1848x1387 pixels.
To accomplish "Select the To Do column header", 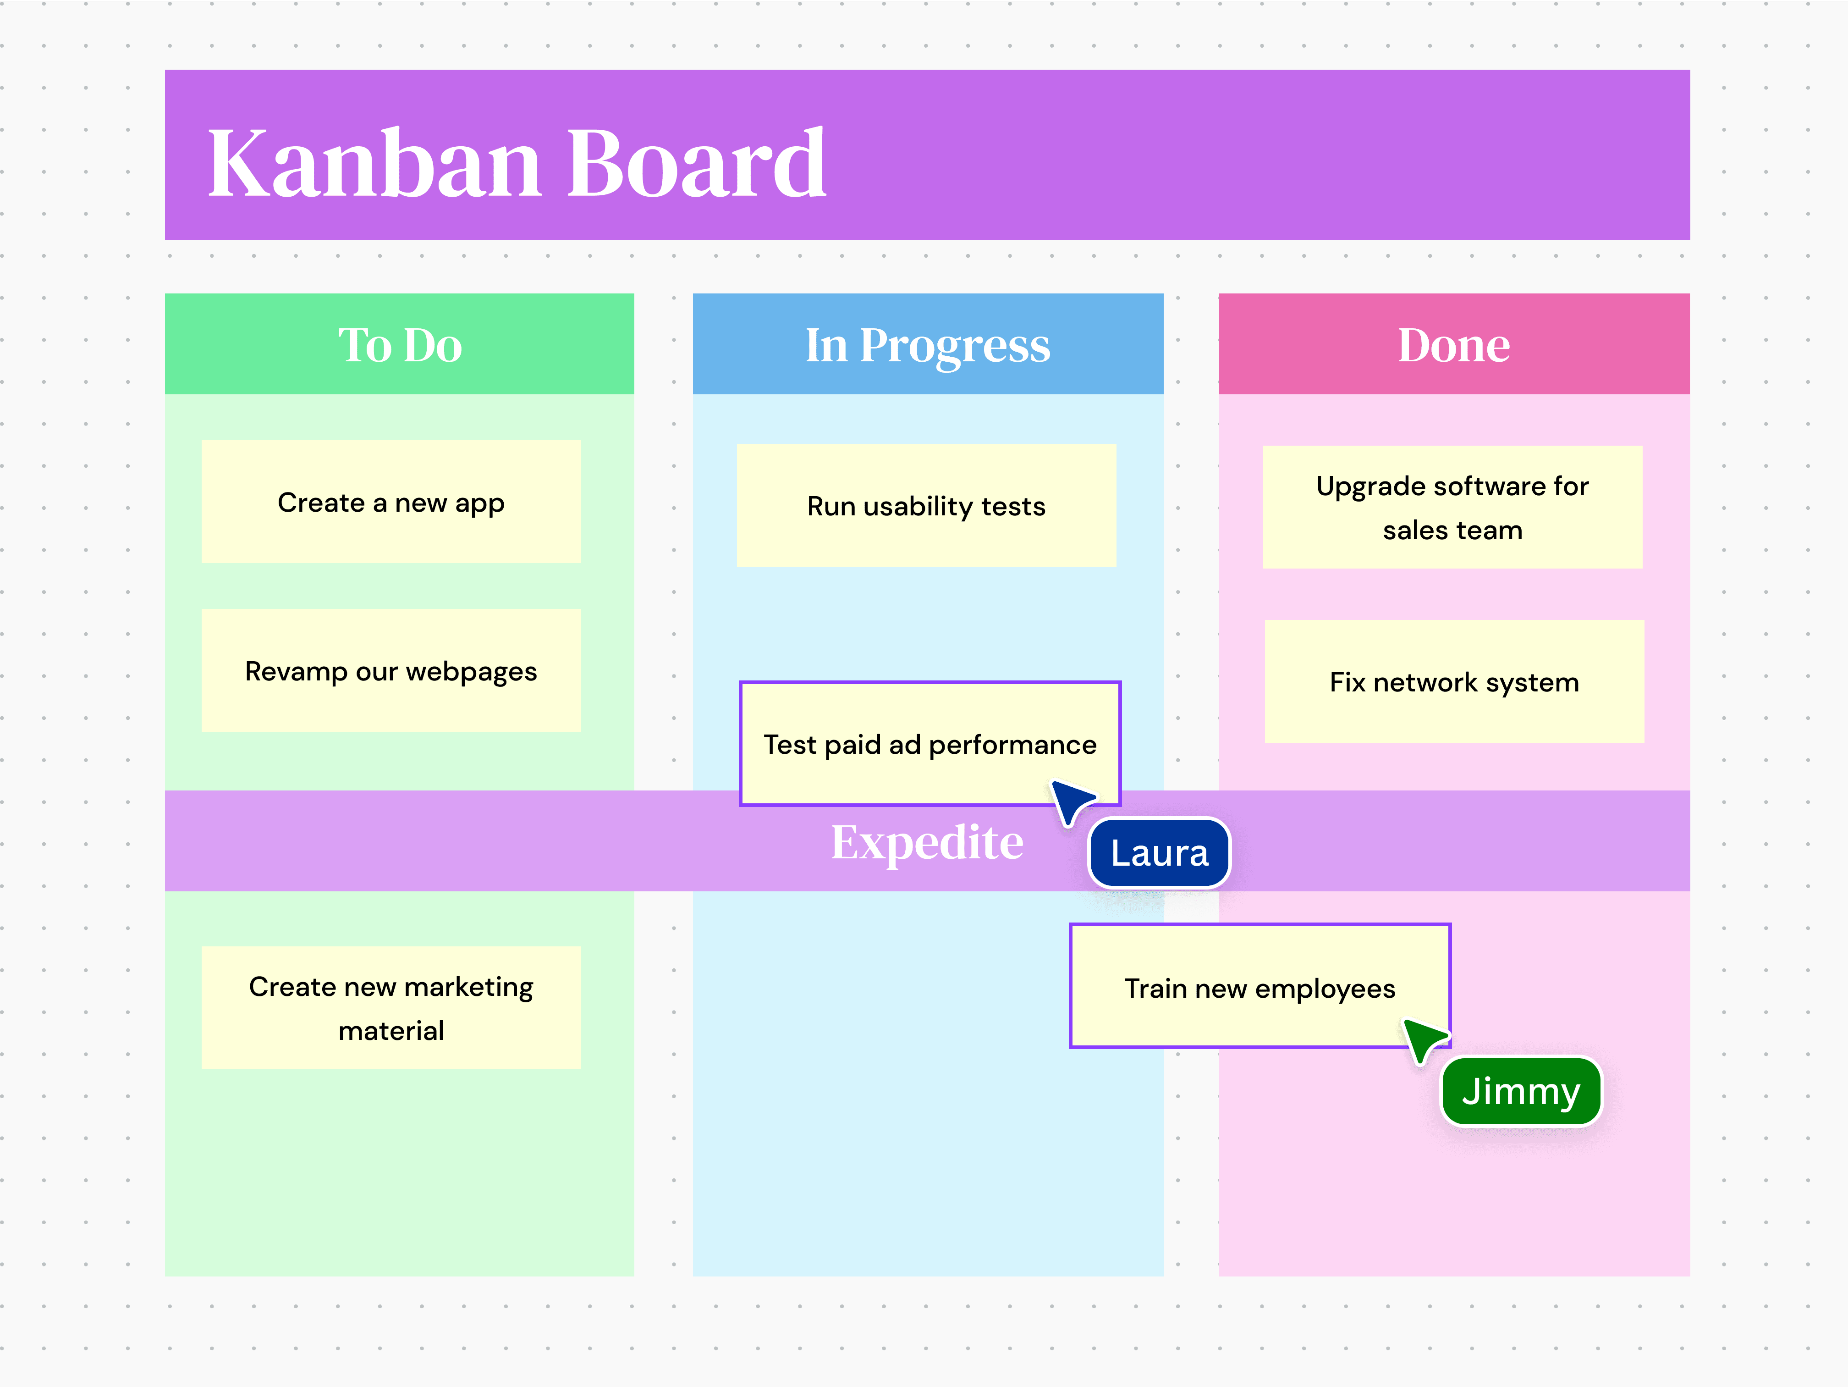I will pyautogui.click(x=399, y=344).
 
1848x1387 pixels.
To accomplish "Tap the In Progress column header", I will pyautogui.click(x=927, y=344).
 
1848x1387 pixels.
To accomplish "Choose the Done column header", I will pyautogui.click(x=1454, y=344).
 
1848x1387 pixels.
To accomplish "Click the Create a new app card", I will pyautogui.click(x=391, y=502).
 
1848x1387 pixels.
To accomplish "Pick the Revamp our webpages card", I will pyautogui.click(x=391, y=671).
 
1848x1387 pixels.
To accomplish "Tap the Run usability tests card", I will pyautogui.click(x=926, y=505).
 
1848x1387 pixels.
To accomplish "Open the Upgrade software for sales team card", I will pyautogui.click(x=1452, y=507).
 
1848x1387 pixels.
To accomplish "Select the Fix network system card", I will pyautogui.click(x=1454, y=682).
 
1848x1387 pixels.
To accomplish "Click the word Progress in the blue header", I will pyautogui.click(x=954, y=346).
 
